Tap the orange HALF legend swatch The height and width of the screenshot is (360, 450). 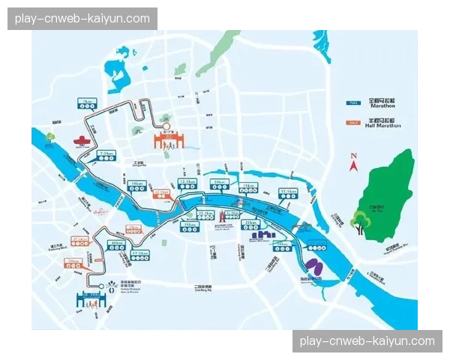point(351,121)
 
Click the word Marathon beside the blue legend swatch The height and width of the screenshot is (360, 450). point(382,106)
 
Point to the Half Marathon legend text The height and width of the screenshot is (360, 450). point(383,126)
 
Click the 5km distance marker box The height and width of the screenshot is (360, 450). point(88,102)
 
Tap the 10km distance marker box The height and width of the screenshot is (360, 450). point(136,184)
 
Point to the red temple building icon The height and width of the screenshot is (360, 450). point(82,140)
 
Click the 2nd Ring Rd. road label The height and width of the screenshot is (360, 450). point(203,287)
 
